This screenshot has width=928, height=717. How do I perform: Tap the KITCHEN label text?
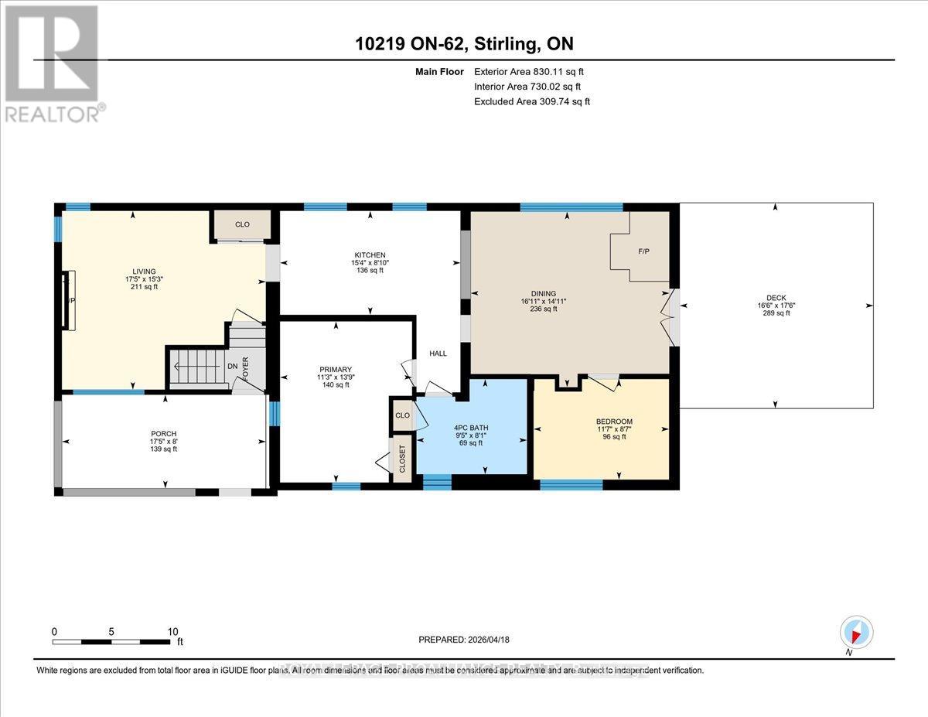coord(370,255)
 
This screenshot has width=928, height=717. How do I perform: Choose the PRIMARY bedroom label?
coord(336,369)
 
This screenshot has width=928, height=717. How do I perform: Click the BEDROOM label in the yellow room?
coord(614,422)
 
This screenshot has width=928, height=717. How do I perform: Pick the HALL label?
coord(438,353)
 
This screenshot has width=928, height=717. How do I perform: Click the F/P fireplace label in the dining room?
coord(643,252)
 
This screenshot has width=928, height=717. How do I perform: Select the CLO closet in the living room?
coord(242,224)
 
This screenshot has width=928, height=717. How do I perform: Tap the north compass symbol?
coord(855,632)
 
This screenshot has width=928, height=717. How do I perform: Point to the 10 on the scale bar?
coord(172,631)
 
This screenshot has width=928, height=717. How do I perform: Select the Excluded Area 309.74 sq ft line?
coord(532,101)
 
